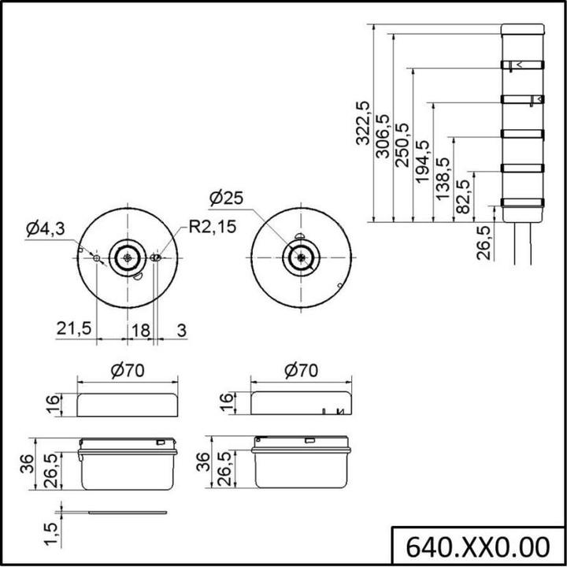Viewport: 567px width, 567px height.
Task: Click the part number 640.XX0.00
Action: point(477,546)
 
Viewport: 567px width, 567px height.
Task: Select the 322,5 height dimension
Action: point(362,122)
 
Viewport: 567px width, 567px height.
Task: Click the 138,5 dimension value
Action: point(443,179)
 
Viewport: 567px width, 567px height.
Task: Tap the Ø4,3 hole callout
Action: point(45,229)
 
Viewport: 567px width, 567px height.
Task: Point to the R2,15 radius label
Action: point(210,228)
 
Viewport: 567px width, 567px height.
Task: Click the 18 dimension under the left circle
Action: point(139,329)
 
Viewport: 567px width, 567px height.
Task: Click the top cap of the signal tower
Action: point(522,29)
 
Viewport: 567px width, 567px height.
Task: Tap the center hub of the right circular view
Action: point(301,257)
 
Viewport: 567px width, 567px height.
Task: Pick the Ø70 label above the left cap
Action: point(127,371)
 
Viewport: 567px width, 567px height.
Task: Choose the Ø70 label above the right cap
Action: point(301,371)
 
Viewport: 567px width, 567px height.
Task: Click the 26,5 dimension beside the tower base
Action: point(484,243)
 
